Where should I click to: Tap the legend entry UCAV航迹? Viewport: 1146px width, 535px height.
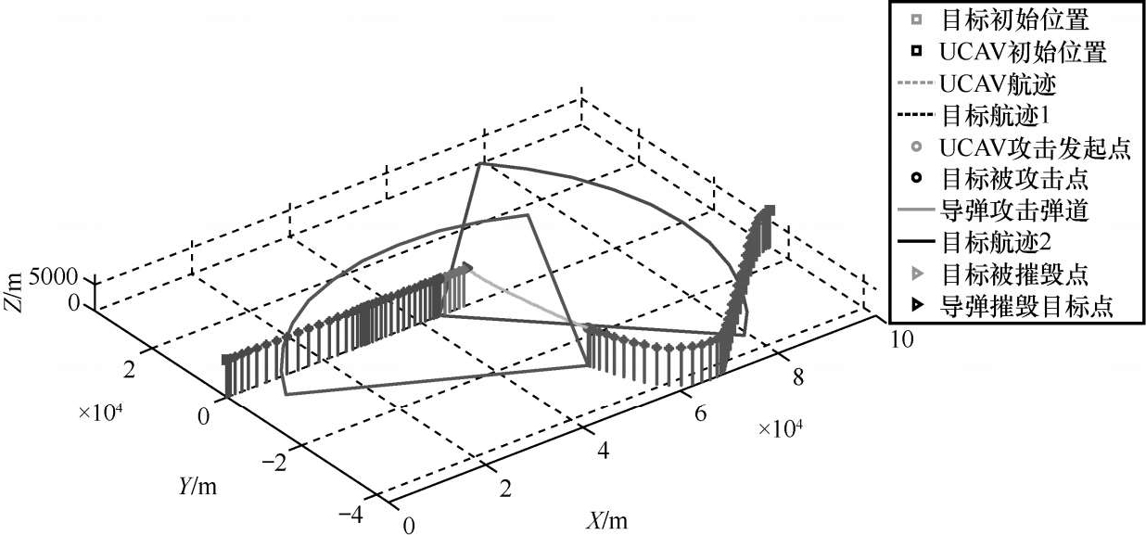coord(998,84)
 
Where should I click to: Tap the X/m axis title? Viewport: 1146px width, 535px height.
coord(606,520)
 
